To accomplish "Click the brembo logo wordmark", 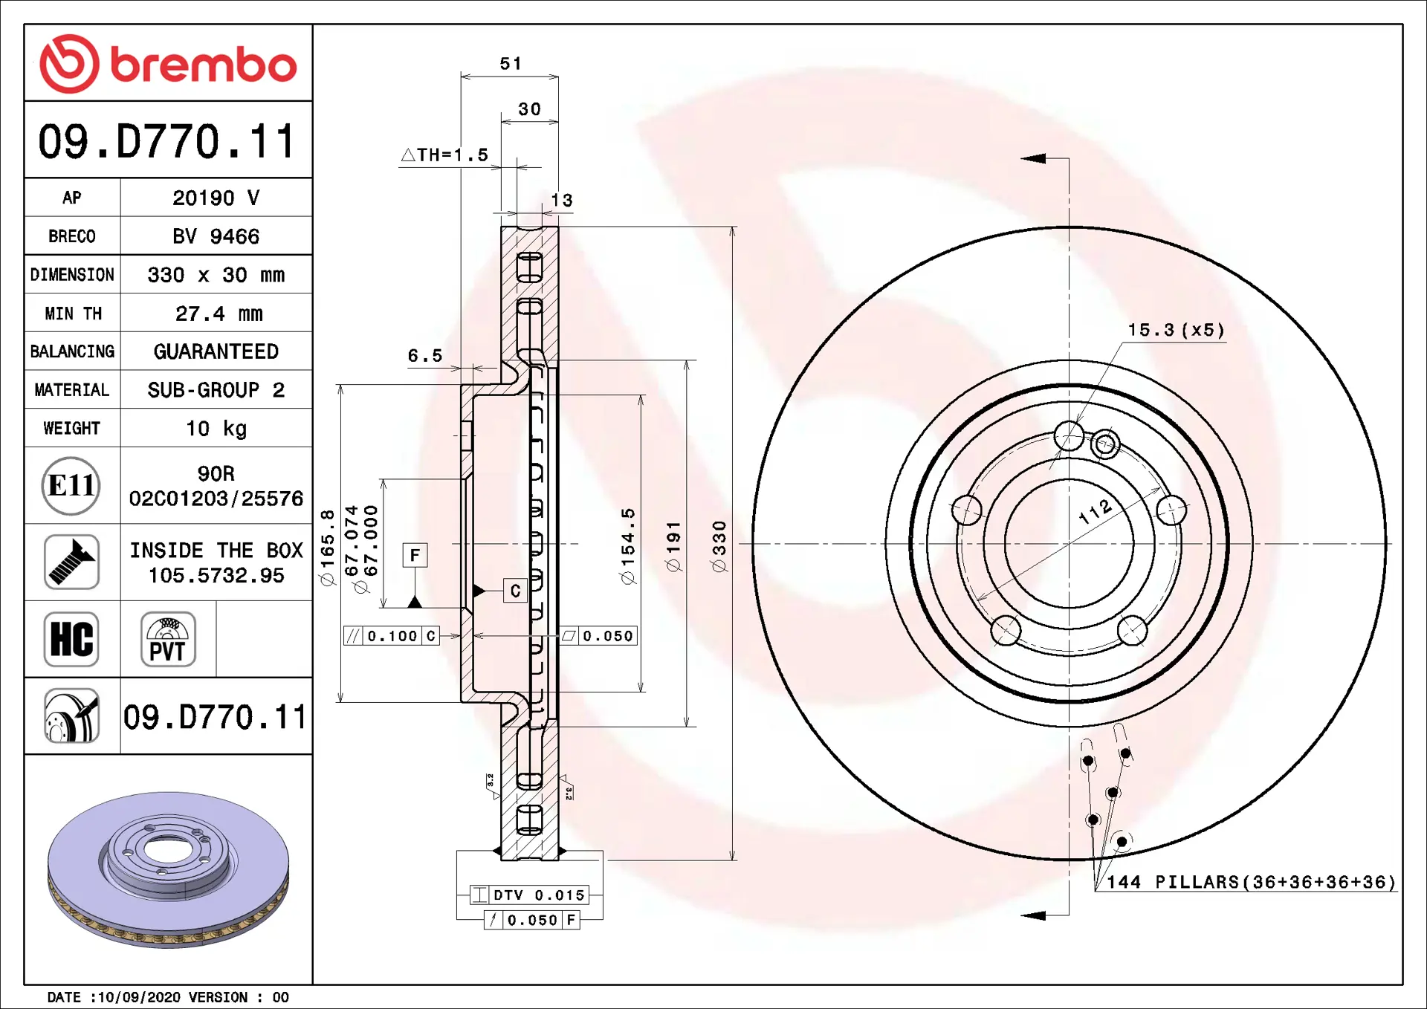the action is pyautogui.click(x=203, y=65).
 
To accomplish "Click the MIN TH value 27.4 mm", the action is pyautogui.click(x=219, y=314).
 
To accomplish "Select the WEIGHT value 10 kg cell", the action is pyautogui.click(x=216, y=428).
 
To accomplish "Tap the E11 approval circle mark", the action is pyautogui.click(x=71, y=486).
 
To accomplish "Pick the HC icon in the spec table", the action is pyautogui.click(x=71, y=639).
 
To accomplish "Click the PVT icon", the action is pyautogui.click(x=168, y=639).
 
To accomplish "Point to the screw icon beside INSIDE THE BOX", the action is pyautogui.click(x=71, y=562).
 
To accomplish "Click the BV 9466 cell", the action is pyautogui.click(x=216, y=236).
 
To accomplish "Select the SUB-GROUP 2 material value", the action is pyautogui.click(x=216, y=390).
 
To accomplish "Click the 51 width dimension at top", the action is pyautogui.click(x=511, y=64).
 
